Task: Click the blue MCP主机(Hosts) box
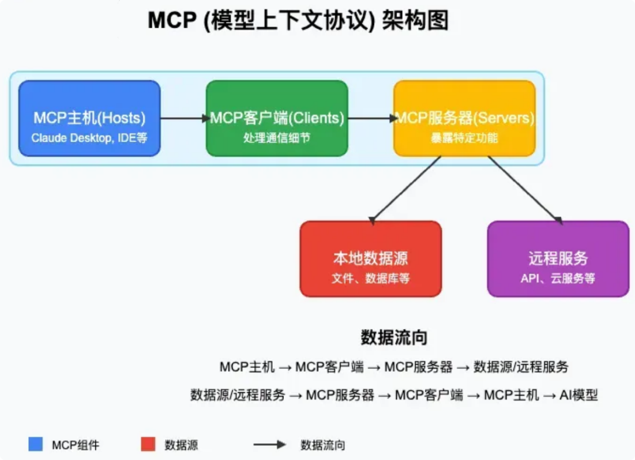[89, 118]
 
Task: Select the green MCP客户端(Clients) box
[277, 118]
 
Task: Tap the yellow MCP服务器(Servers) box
[464, 118]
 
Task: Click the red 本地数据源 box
[370, 259]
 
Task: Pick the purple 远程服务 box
[558, 259]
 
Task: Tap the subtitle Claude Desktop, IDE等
[89, 138]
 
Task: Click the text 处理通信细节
[277, 138]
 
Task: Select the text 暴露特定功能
[464, 138]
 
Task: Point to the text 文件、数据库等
[370, 278]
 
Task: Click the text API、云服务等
[558, 278]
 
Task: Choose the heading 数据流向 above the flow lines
[394, 337]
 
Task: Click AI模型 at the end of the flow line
[579, 395]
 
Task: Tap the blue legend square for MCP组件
[36, 444]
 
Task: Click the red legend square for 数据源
[148, 444]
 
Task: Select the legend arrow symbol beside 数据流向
[270, 445]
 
